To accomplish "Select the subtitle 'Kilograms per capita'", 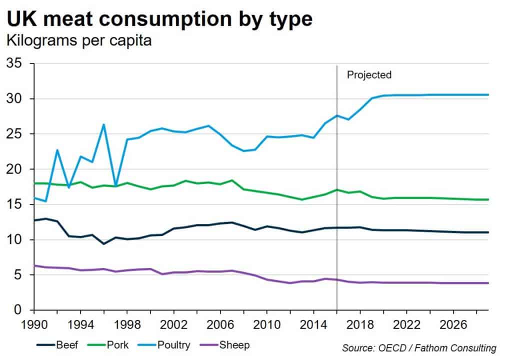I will click(x=78, y=41).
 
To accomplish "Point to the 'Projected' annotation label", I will click(x=369, y=75).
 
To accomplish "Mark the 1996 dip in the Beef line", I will click(x=103, y=243).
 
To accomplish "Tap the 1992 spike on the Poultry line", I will click(x=57, y=149).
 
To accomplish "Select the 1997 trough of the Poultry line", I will click(x=115, y=186).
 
